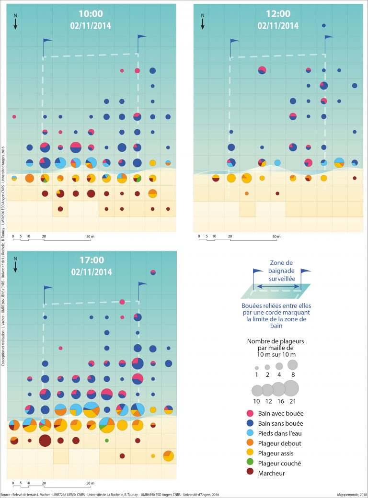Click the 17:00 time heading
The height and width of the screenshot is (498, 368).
coord(92,260)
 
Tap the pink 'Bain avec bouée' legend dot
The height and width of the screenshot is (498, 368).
coord(249,413)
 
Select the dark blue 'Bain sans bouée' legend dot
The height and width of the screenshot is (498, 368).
coord(249,423)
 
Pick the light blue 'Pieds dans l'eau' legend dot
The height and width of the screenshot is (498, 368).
coord(249,433)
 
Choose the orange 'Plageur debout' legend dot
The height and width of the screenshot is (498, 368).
coord(249,443)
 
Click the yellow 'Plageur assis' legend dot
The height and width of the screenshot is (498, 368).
coord(249,453)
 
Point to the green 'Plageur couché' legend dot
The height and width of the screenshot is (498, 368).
coord(249,464)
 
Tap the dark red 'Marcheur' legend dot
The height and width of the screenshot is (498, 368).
coord(249,474)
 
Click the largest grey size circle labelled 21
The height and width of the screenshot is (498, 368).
coord(291,388)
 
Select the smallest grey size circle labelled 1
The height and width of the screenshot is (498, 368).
coord(257,368)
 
